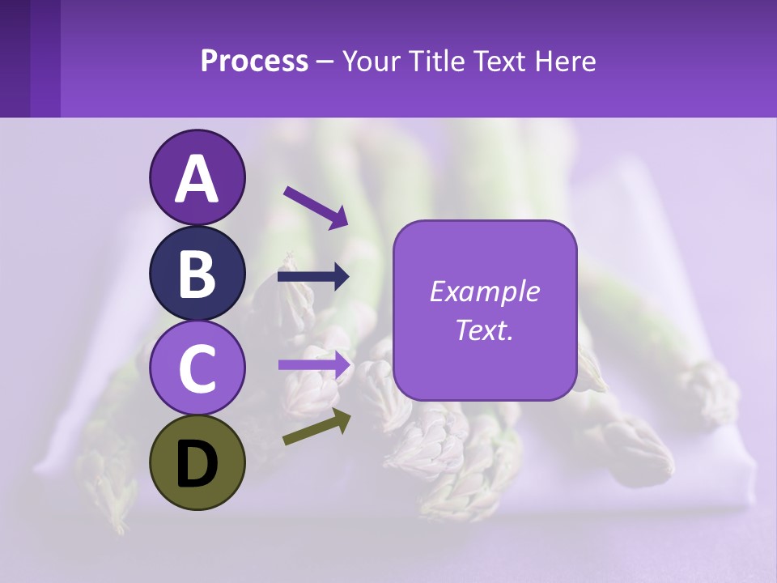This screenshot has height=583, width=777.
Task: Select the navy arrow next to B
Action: pyautogui.click(x=313, y=277)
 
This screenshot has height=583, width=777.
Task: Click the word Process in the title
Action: pyautogui.click(x=254, y=62)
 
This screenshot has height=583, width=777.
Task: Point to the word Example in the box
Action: pyautogui.click(x=485, y=291)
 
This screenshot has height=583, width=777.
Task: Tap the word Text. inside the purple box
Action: pyautogui.click(x=485, y=330)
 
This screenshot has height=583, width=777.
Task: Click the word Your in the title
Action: pyautogui.click(x=372, y=62)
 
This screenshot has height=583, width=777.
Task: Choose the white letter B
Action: pyautogui.click(x=197, y=274)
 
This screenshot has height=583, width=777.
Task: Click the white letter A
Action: pyautogui.click(x=197, y=178)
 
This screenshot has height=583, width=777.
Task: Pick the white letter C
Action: pyautogui.click(x=197, y=369)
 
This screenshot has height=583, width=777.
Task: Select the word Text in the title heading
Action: pyautogui.click(x=500, y=62)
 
